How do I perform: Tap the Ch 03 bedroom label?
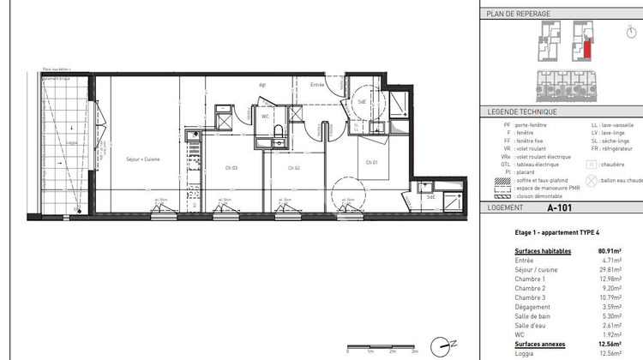(231, 167)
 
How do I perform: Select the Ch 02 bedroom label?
(292, 167)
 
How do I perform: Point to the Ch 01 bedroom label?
(371, 162)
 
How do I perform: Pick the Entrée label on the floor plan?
(317, 85)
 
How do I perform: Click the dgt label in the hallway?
(263, 85)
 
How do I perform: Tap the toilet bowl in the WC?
(279, 129)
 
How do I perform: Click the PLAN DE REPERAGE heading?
(518, 14)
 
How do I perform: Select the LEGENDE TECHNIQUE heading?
(522, 111)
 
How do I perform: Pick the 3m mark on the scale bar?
(415, 351)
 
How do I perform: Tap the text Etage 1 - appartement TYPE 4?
(533, 232)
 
